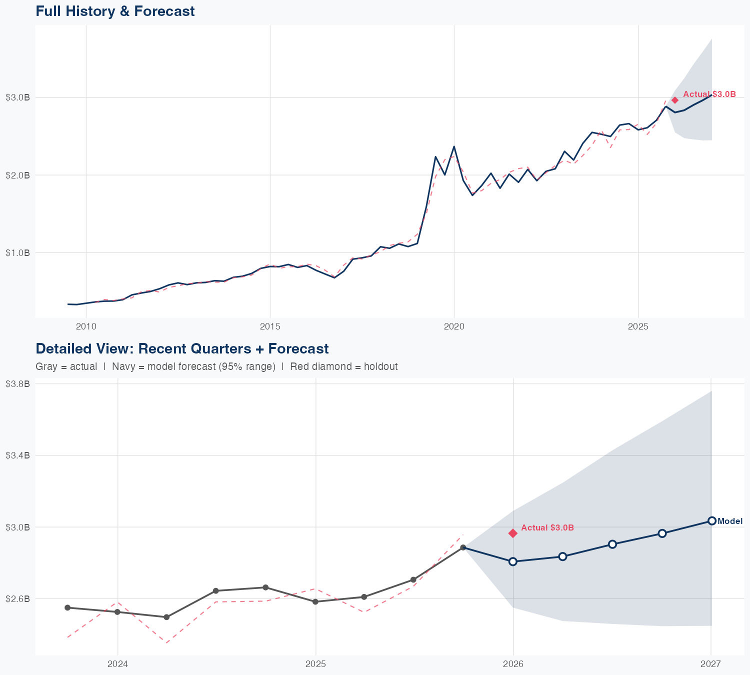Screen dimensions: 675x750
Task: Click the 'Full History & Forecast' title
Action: pos(115,11)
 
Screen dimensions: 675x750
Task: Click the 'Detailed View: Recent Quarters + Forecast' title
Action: pos(182,348)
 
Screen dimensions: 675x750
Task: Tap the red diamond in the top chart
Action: pos(675,100)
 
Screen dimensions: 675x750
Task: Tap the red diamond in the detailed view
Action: pos(513,533)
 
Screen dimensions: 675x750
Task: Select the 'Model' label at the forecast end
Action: pos(730,521)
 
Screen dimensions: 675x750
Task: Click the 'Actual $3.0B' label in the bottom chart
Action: pos(547,527)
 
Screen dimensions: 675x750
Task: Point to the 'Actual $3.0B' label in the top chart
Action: pos(709,94)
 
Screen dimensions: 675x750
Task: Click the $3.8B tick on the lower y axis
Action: pos(17,383)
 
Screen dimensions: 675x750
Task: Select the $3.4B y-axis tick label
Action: pos(17,455)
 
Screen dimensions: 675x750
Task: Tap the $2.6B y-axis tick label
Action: pos(17,598)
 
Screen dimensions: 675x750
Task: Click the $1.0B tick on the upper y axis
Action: pos(17,252)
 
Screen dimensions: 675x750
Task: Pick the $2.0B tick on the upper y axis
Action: pos(17,175)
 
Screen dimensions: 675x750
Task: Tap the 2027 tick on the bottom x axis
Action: pos(710,664)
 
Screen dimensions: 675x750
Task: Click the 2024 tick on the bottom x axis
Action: pos(118,664)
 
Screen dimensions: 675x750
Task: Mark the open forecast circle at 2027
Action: pos(711,520)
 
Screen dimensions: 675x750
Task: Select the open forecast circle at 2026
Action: pos(513,561)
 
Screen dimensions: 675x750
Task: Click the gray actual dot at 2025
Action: pos(315,601)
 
